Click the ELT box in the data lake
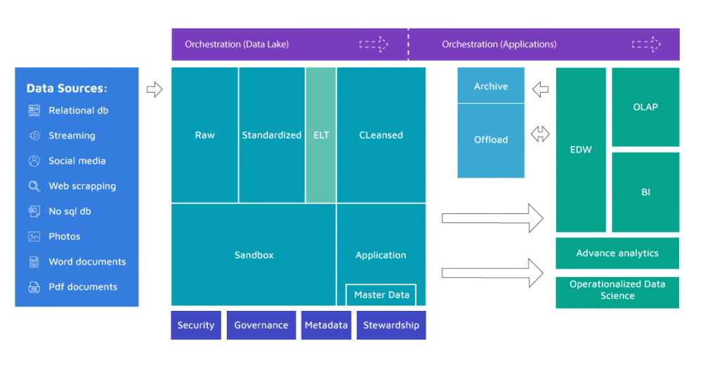pyautogui.click(x=321, y=135)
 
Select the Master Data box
pyautogui.click(x=381, y=295)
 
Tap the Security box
pyautogui.click(x=196, y=325)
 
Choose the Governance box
pyautogui.click(x=261, y=325)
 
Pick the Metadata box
pyautogui.click(x=326, y=325)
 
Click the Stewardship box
pyautogui.click(x=391, y=325)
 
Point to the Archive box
pyautogui.click(x=491, y=86)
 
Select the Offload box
pyautogui.click(x=491, y=140)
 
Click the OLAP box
pyautogui.click(x=645, y=107)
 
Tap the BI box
pyautogui.click(x=645, y=192)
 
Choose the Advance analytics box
pyautogui.click(x=617, y=253)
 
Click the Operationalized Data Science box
pyautogui.click(x=617, y=290)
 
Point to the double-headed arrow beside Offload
pyautogui.click(x=540, y=134)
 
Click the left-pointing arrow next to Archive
pyautogui.click(x=540, y=89)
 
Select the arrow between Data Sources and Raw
pyautogui.click(x=154, y=89)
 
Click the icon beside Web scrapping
pyautogui.click(x=34, y=186)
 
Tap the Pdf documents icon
pyautogui.click(x=34, y=287)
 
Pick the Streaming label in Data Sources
pyautogui.click(x=72, y=135)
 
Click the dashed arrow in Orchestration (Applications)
pyautogui.click(x=646, y=44)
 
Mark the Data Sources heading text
pyautogui.click(x=67, y=88)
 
